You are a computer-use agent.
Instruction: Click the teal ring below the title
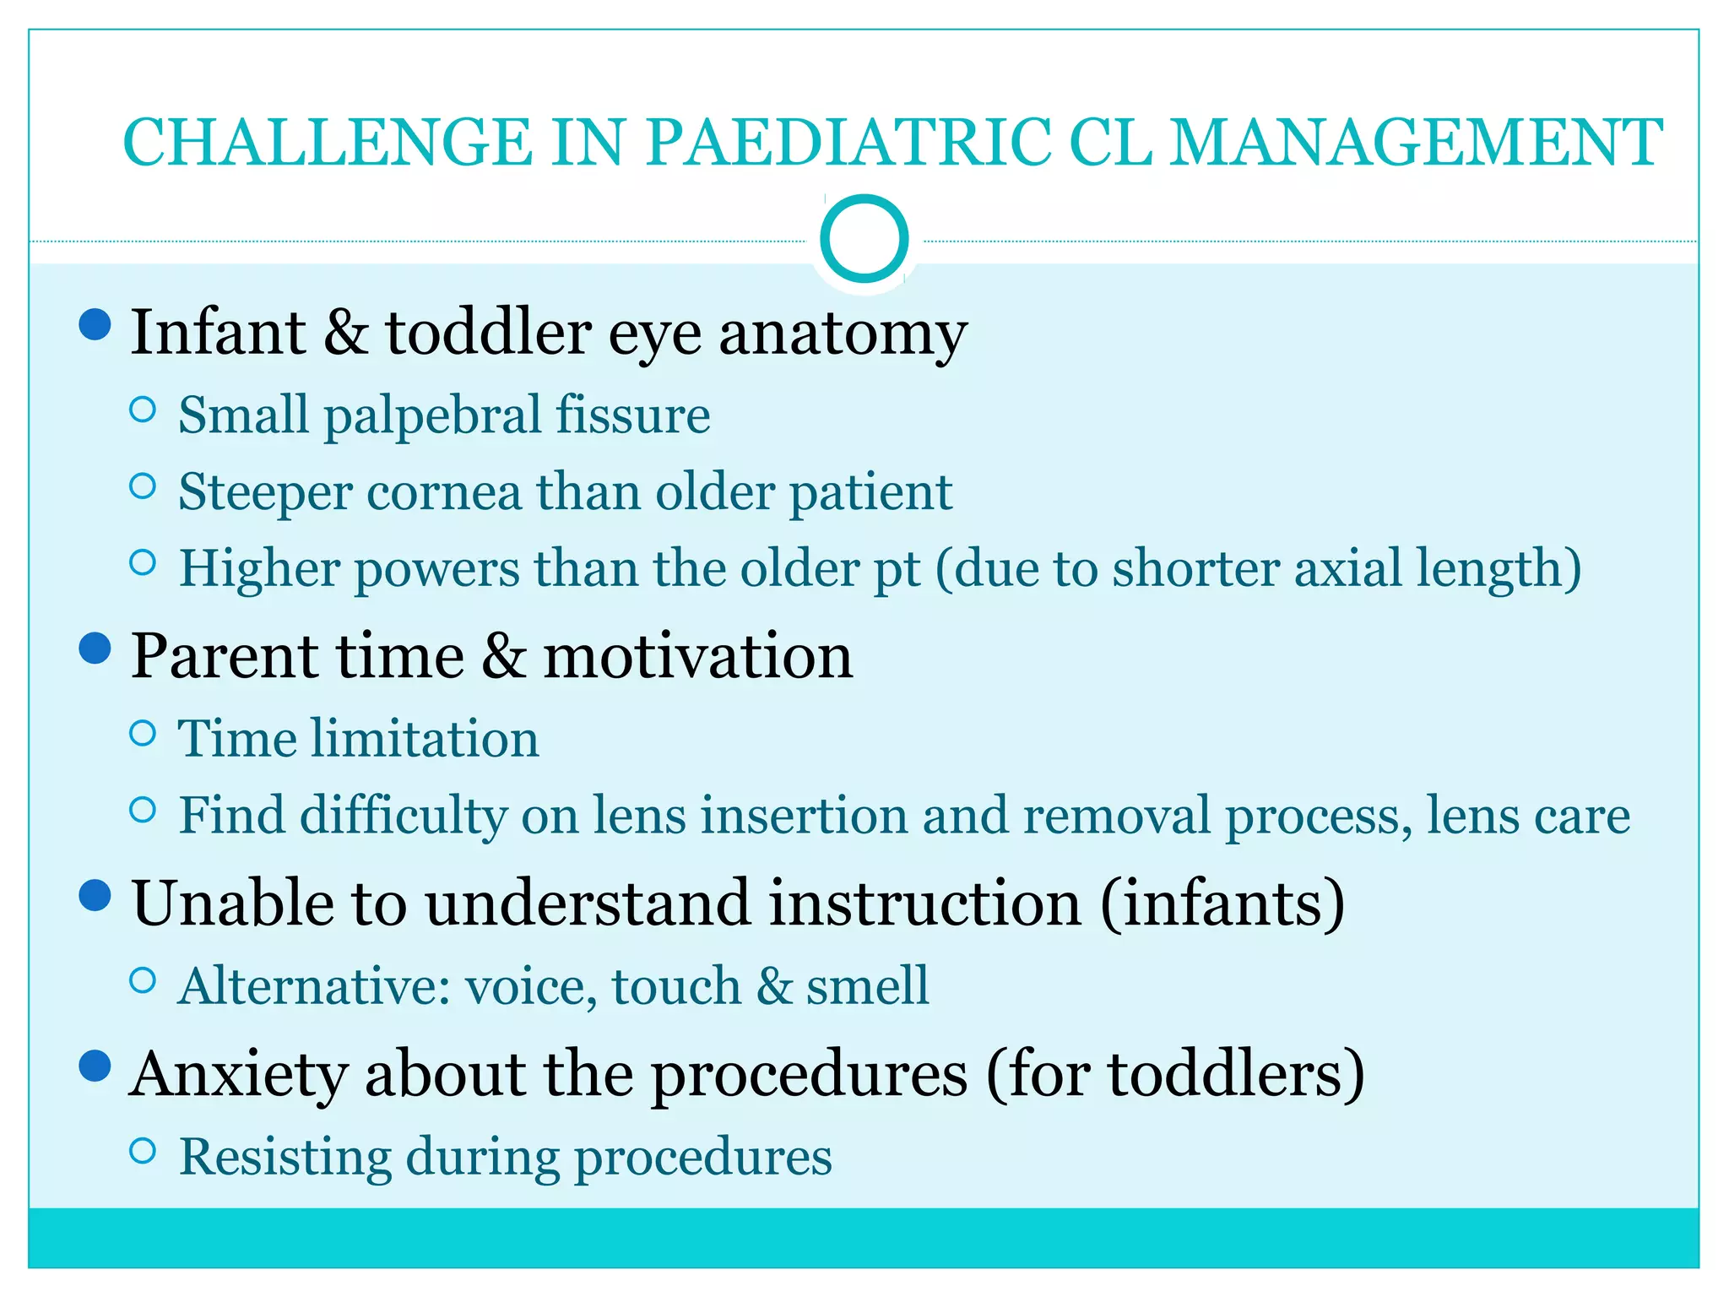click(x=864, y=239)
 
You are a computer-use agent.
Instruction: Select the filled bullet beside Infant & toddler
click(x=95, y=324)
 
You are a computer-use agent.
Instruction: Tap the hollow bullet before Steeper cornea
click(x=144, y=486)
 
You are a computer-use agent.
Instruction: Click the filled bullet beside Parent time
click(x=95, y=648)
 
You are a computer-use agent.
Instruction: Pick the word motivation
click(x=697, y=657)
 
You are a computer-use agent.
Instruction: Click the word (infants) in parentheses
click(x=1223, y=903)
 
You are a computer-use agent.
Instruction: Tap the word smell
click(x=867, y=985)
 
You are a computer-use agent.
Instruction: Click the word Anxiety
click(x=239, y=1075)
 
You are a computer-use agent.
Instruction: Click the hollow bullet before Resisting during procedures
click(x=144, y=1150)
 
